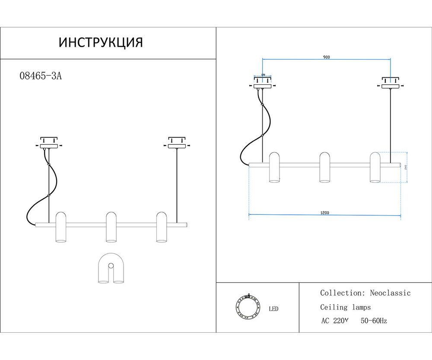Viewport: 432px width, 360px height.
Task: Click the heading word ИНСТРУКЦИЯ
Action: (x=100, y=42)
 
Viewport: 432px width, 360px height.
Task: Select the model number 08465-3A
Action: (x=41, y=76)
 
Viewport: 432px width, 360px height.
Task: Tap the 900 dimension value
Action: (x=327, y=57)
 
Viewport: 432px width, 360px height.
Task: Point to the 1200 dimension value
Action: (x=325, y=212)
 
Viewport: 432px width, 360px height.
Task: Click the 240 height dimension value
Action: (x=406, y=167)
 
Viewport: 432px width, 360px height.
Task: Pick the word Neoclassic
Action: (x=390, y=293)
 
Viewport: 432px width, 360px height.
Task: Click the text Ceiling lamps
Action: (x=345, y=307)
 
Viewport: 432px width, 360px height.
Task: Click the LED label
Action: (x=273, y=309)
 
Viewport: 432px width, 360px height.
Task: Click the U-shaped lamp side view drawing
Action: (x=111, y=269)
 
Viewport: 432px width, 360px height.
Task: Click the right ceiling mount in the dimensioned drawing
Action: (x=391, y=83)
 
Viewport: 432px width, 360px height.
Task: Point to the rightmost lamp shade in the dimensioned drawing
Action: (x=375, y=167)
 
